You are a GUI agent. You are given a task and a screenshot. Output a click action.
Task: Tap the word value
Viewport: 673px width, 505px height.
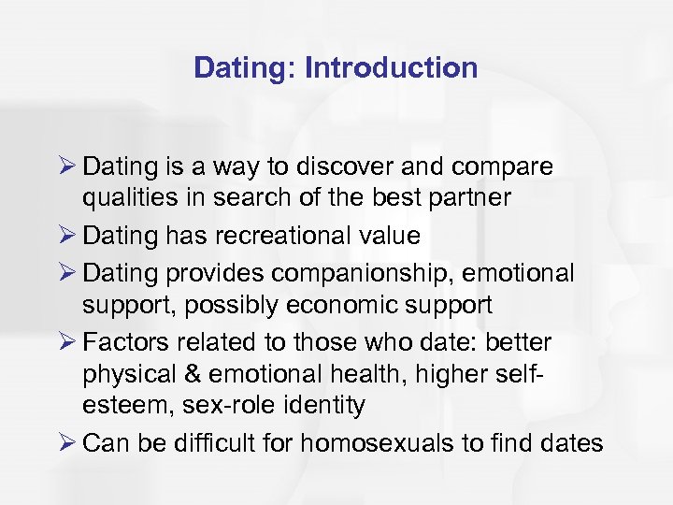[x=385, y=236]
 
